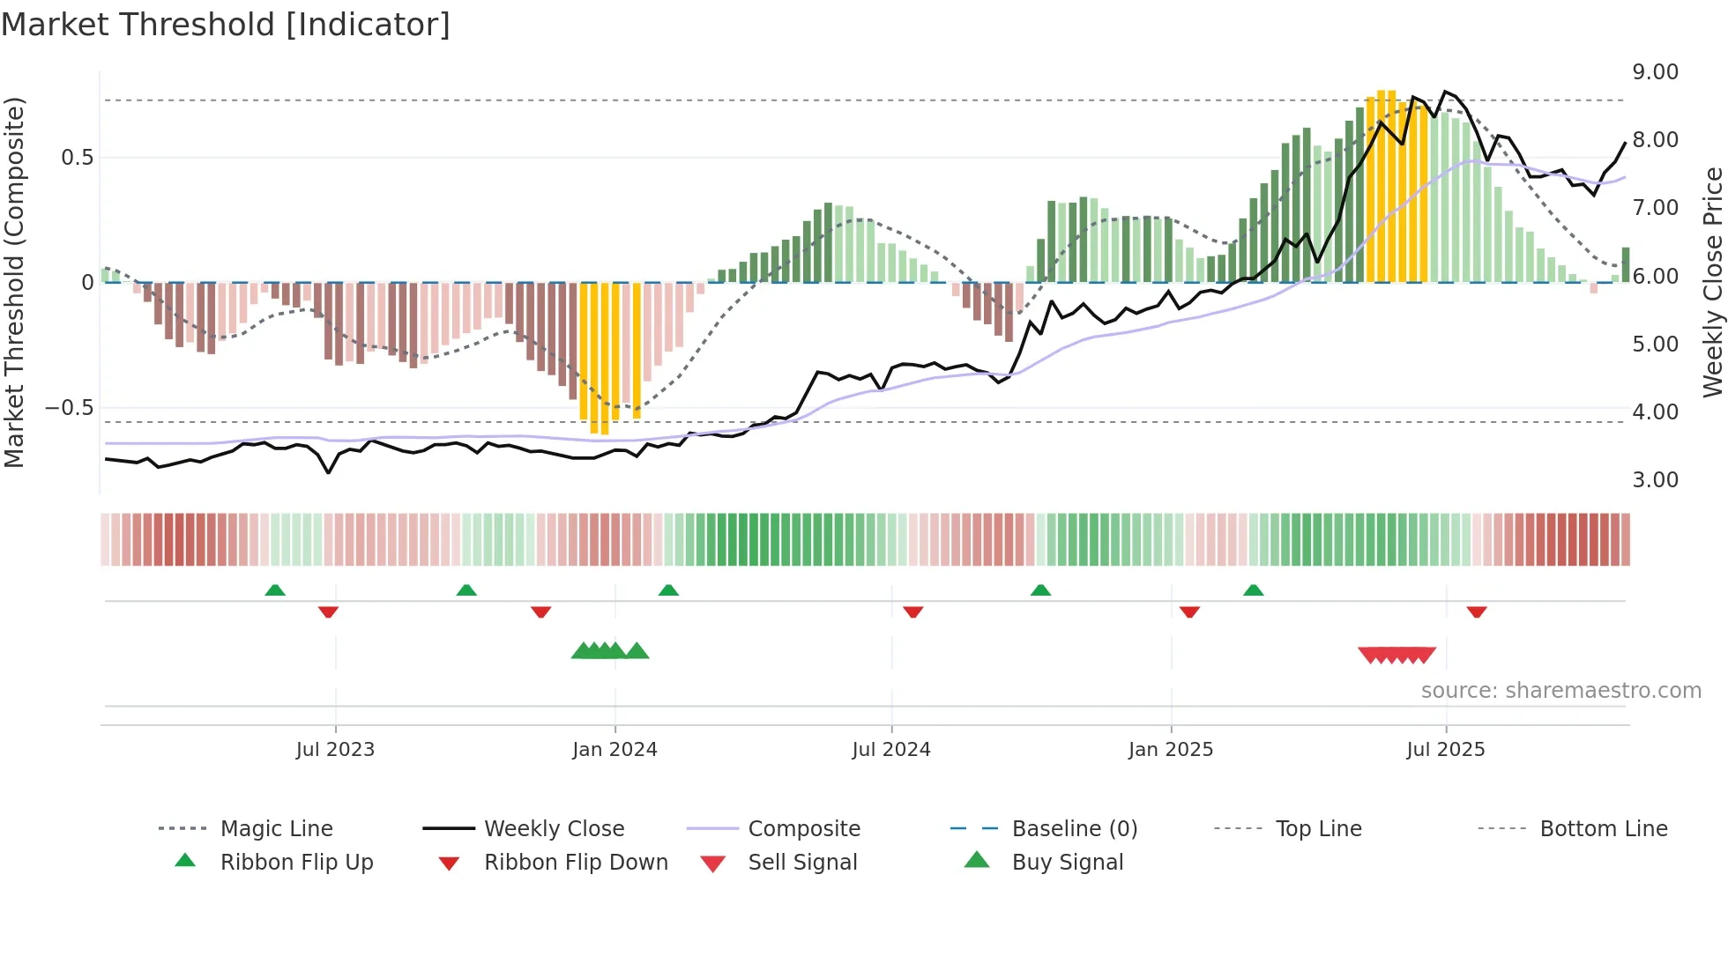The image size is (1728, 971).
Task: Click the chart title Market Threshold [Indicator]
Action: pyautogui.click(x=226, y=25)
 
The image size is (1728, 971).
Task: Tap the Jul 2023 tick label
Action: pyautogui.click(x=335, y=750)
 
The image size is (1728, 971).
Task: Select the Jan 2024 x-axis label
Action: pyautogui.click(x=614, y=750)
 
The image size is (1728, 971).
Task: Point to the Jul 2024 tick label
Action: pyautogui.click(x=890, y=750)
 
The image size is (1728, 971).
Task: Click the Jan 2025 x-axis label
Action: pyautogui.click(x=1170, y=750)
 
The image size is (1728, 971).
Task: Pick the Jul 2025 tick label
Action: pyautogui.click(x=1445, y=750)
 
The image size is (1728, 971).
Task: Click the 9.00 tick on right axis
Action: pyautogui.click(x=1655, y=72)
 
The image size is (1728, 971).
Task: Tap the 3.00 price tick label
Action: pyautogui.click(x=1655, y=480)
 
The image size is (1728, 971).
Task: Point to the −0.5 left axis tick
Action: pyautogui.click(x=69, y=408)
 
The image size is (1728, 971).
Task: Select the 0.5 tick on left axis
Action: pyautogui.click(x=77, y=158)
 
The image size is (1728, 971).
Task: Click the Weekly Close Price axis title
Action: pyautogui.click(x=1712, y=282)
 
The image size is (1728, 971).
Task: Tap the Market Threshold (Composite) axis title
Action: pyautogui.click(x=14, y=282)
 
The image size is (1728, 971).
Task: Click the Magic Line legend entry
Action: pyautogui.click(x=276, y=829)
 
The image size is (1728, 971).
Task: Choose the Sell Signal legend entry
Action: pyautogui.click(x=802, y=863)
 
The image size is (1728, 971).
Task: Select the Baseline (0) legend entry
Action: pyautogui.click(x=1074, y=829)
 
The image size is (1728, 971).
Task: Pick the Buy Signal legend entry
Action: pyautogui.click(x=1067, y=863)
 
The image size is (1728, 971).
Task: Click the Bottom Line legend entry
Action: pyautogui.click(x=1603, y=829)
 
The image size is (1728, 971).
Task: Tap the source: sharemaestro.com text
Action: pyautogui.click(x=1560, y=691)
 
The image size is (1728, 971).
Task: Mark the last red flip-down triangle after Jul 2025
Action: pyautogui.click(x=1477, y=612)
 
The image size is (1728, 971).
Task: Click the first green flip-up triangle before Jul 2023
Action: pyautogui.click(x=275, y=590)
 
